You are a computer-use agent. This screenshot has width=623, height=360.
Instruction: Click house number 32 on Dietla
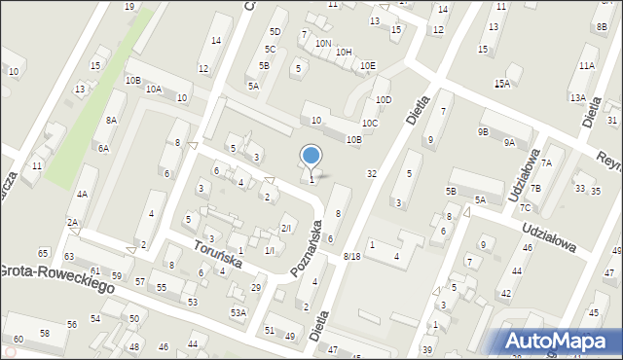tap(371, 173)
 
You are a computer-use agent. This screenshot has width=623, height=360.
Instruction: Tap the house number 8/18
tap(351, 256)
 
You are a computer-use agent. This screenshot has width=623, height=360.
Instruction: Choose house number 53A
tap(238, 312)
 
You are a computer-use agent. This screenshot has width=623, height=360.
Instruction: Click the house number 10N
tap(323, 44)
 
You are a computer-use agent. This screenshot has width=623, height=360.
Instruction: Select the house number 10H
tap(344, 52)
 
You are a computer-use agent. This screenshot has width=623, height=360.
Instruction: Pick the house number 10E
tap(366, 66)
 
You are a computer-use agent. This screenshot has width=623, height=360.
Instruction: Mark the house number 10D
tap(384, 99)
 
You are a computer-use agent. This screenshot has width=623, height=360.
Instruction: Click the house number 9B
tap(483, 131)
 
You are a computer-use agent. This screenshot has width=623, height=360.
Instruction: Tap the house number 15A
tap(501, 84)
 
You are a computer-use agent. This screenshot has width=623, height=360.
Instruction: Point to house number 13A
tap(578, 97)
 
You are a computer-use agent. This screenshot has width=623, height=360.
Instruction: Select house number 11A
tap(586, 65)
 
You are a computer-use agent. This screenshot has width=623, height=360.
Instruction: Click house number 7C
tap(525, 207)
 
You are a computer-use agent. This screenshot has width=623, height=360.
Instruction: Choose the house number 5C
tap(271, 49)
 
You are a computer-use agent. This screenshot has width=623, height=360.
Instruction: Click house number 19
tap(129, 7)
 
